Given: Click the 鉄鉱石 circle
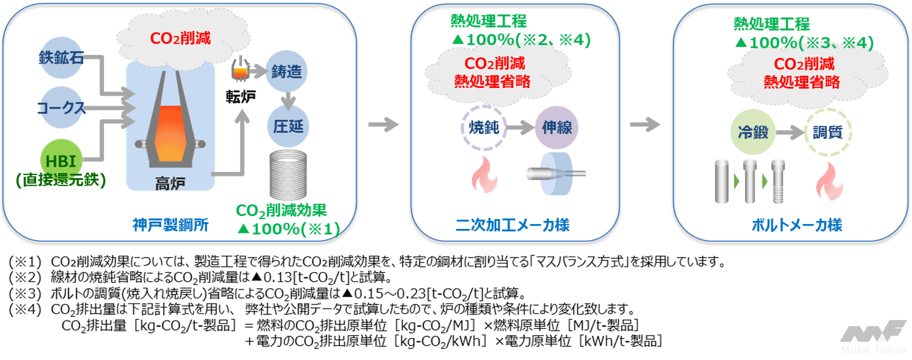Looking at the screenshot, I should click(61, 57).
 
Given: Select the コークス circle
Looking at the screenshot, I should click(61, 107).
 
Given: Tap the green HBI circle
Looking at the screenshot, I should click(61, 160).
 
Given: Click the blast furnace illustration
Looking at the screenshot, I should click(170, 122).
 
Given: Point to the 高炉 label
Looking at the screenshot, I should click(170, 183).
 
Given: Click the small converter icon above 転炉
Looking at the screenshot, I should click(240, 69).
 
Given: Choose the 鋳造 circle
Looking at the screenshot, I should click(286, 71).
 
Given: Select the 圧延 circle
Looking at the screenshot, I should click(288, 126).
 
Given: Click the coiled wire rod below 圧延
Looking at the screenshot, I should click(288, 175).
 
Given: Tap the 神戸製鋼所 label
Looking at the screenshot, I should click(170, 225).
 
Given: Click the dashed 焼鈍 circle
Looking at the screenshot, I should click(483, 127).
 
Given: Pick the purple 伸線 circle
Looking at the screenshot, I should click(556, 127).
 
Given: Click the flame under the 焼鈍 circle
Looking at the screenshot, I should click(484, 175).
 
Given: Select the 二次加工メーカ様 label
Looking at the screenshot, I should click(512, 225).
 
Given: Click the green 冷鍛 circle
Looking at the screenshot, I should click(752, 132).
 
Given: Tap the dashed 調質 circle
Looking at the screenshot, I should click(827, 132).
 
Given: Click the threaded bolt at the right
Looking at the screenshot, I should click(777, 181).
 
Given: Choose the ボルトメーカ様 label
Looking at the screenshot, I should click(797, 225).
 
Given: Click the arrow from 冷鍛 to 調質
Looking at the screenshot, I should click(790, 132).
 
